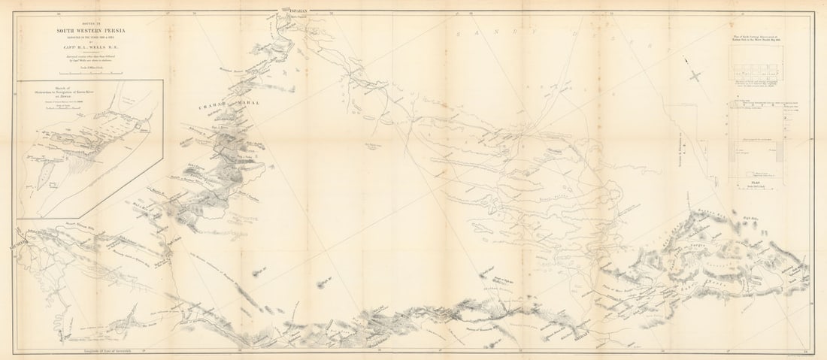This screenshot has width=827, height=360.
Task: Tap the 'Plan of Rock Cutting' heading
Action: pyautogui.click(x=762, y=37)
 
